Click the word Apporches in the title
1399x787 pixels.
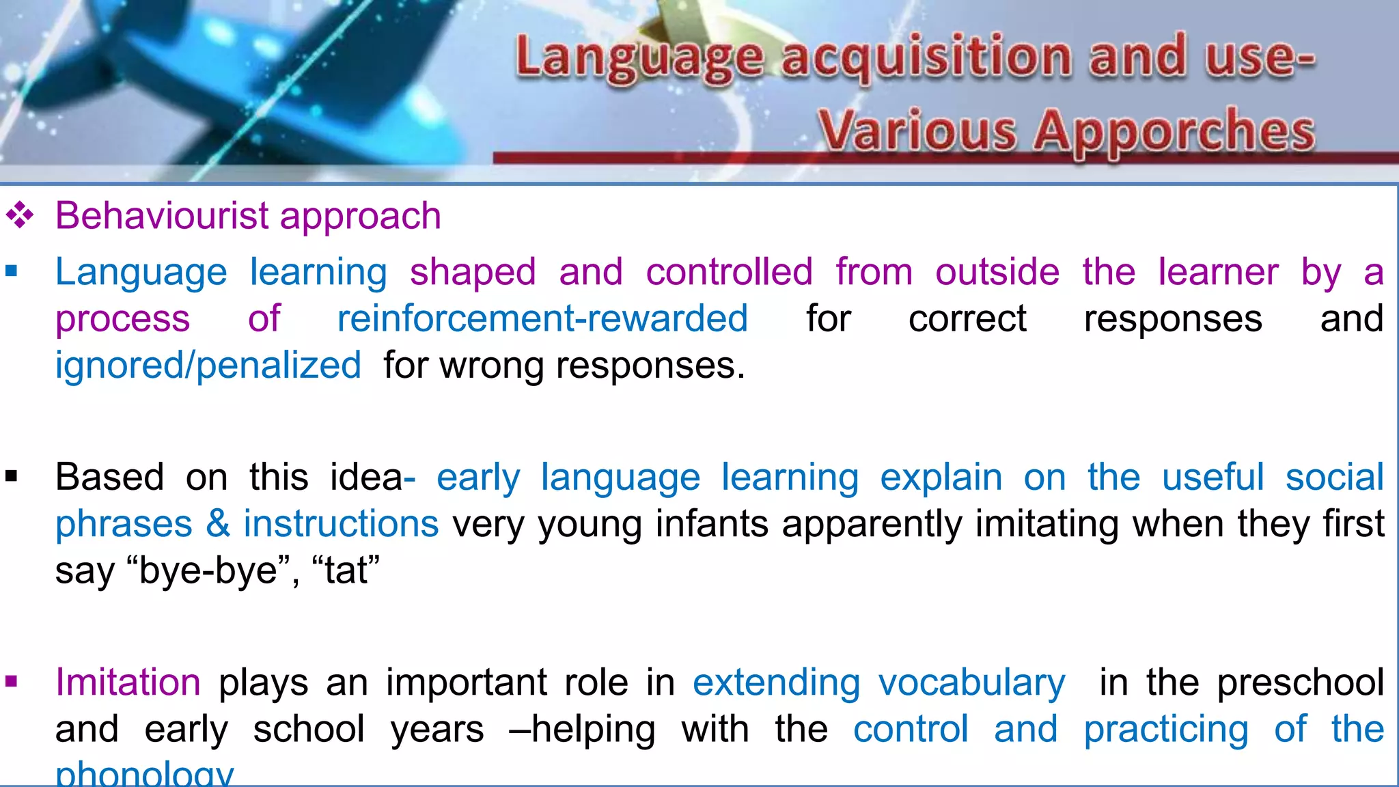[x=1174, y=131]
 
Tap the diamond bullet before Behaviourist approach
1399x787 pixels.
[x=20, y=216]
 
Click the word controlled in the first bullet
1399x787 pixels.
[x=729, y=272]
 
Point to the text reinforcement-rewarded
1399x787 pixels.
[x=542, y=318]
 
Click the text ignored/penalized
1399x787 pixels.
[x=208, y=365]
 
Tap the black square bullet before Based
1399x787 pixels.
[x=11, y=476]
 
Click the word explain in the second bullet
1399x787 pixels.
[x=941, y=477]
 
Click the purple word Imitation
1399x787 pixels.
[x=128, y=682]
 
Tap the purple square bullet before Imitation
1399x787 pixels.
[x=11, y=681]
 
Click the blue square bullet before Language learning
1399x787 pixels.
[x=11, y=272]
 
